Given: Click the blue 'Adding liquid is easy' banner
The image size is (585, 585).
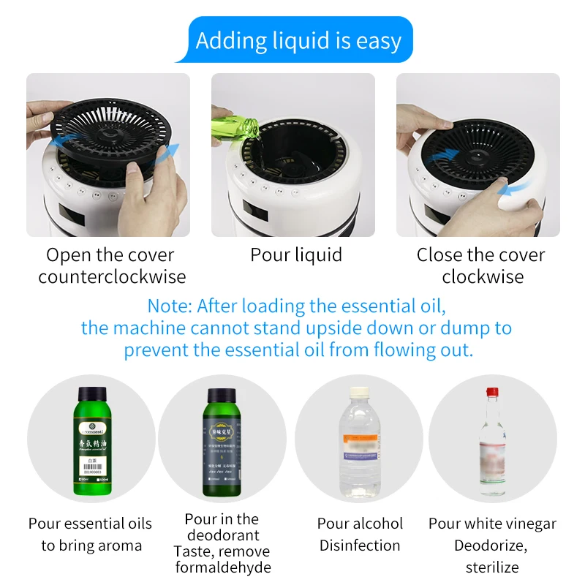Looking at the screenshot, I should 298,41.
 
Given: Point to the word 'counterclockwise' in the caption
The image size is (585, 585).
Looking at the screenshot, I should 112,277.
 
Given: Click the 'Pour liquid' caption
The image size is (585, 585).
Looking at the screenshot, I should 296,255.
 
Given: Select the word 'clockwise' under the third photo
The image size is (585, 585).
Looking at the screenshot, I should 483,277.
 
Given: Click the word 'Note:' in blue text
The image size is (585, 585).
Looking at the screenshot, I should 170,306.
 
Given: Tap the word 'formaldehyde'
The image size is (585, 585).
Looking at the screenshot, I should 223,567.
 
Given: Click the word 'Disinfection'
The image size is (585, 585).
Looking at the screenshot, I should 360,546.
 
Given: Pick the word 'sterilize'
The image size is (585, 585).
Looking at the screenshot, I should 492,567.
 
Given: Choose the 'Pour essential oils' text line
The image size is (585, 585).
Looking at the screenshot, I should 90,524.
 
